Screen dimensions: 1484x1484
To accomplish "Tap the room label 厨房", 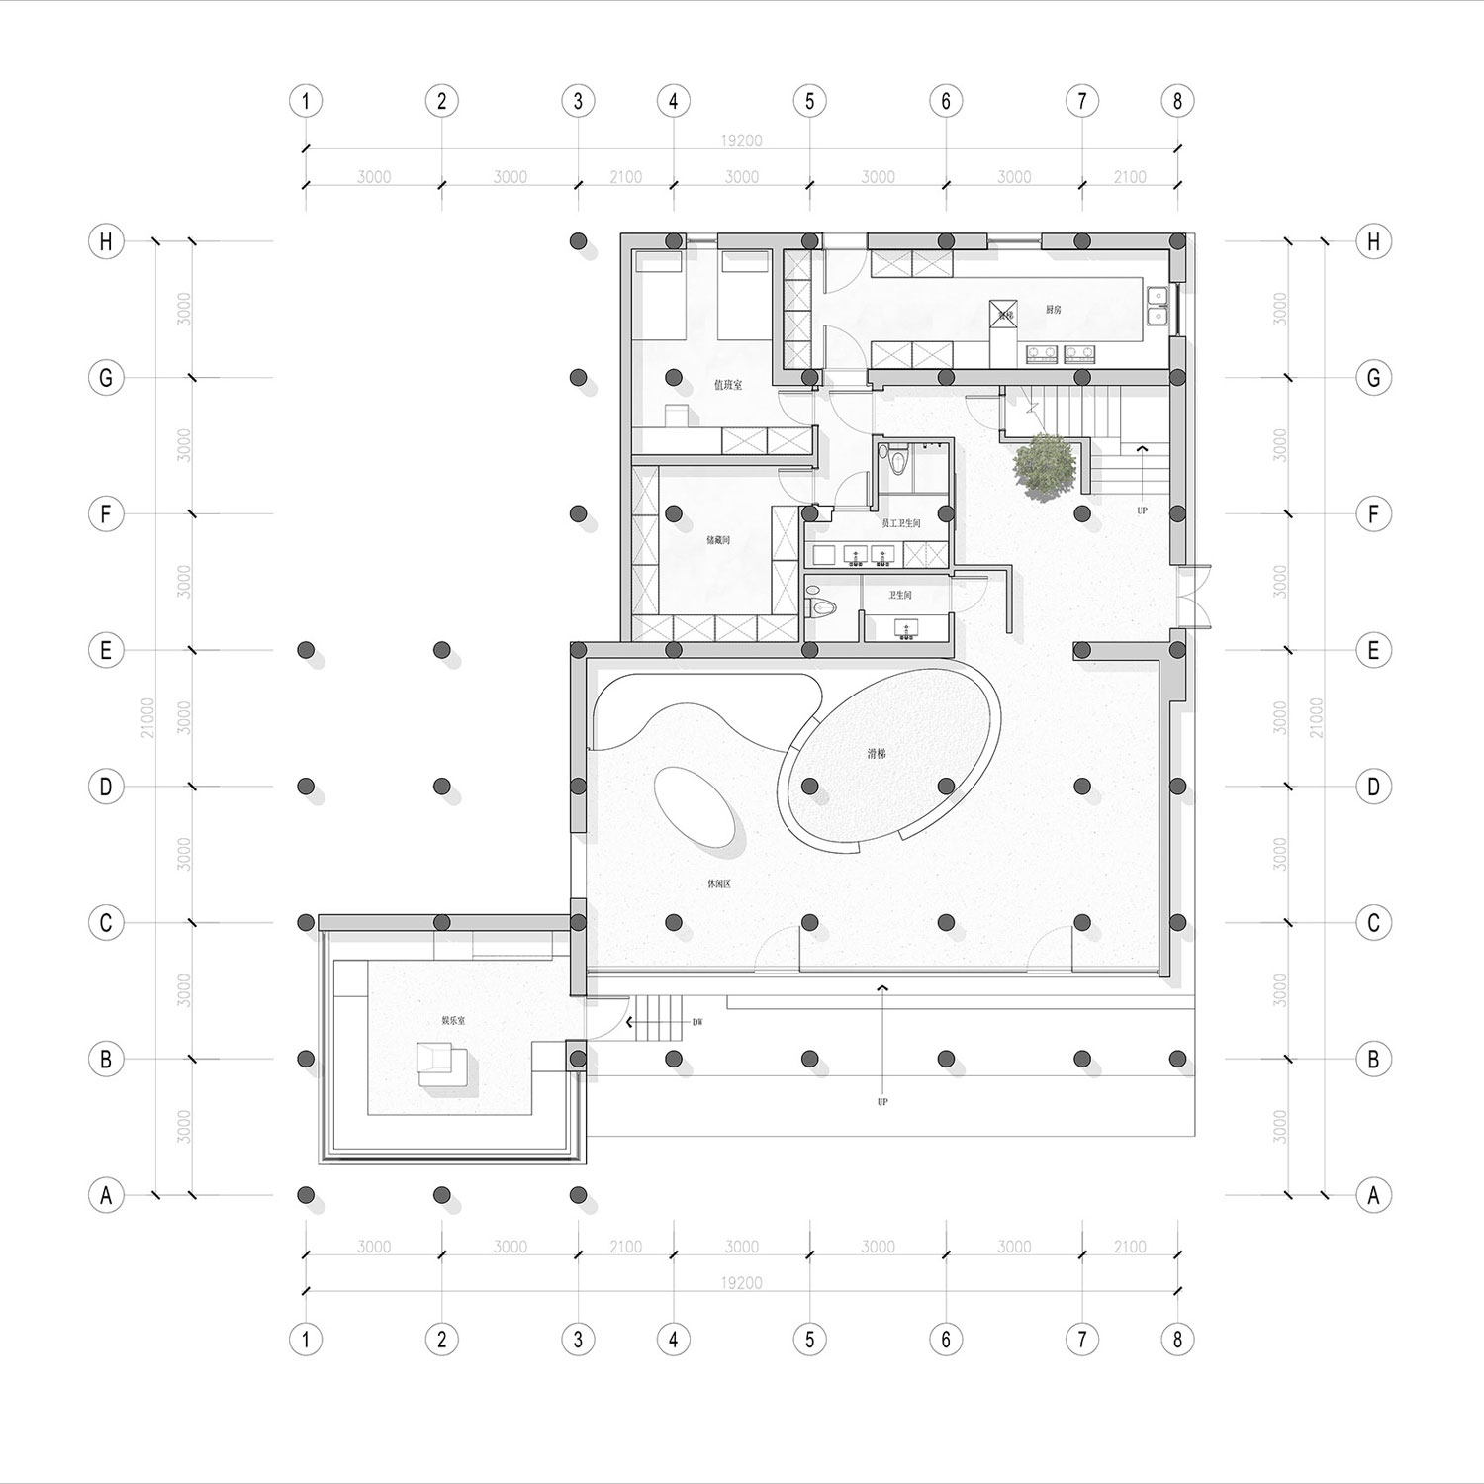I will tap(1054, 310).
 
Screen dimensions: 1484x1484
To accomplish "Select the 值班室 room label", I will tap(728, 385).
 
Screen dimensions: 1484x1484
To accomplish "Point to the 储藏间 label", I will tap(718, 541).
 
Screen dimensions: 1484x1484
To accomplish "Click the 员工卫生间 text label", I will tap(901, 523).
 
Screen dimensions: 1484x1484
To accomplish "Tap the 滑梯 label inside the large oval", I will tap(877, 753).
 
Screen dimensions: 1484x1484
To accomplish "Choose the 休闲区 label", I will tap(718, 884).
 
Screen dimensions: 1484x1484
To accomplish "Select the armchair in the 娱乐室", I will tap(432, 1059).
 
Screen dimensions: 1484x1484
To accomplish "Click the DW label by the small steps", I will tap(697, 1022).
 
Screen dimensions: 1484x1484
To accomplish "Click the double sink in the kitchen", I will tap(1157, 306).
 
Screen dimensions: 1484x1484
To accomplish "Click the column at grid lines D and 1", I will tap(306, 787).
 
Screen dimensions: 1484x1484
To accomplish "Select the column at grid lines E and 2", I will tap(442, 650).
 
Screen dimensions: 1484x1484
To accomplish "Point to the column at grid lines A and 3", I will tap(578, 1195).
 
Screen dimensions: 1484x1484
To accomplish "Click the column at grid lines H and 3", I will tap(578, 241).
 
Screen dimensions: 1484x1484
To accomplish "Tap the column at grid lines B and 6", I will tap(946, 1059).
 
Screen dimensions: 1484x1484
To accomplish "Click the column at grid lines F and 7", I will tap(1082, 513).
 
